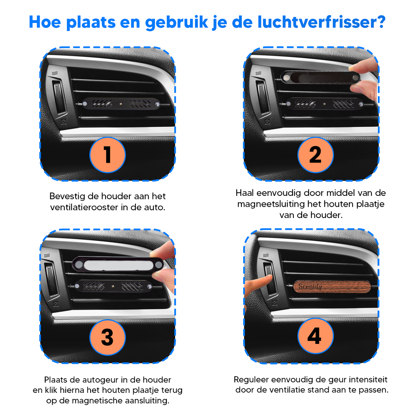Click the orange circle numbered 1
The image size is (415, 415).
click(107, 155)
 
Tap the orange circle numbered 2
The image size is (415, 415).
click(315, 155)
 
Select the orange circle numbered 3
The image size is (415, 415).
click(107, 337)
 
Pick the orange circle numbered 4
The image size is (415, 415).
click(315, 336)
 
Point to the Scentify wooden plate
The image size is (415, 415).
click(332, 287)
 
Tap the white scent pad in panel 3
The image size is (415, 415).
click(119, 265)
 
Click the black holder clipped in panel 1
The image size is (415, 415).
click(121, 104)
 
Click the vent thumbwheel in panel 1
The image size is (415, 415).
click(59, 97)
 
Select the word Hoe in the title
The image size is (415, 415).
click(45, 22)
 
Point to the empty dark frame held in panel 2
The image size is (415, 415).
click(320, 77)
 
